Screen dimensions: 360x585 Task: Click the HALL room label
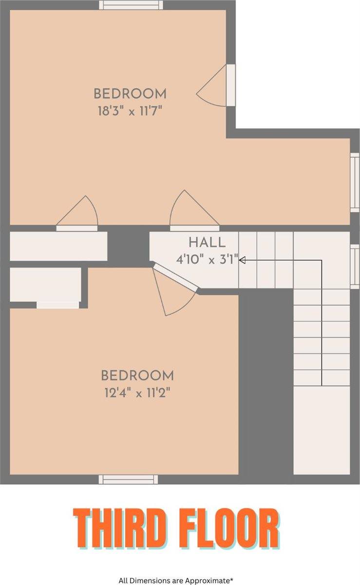coord(207,242)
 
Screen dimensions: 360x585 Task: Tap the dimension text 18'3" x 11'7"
coord(130,111)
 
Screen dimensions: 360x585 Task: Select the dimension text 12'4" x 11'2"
coord(137,392)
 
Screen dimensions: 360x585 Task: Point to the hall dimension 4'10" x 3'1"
coord(208,260)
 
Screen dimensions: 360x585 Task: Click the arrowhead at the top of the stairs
coord(242,260)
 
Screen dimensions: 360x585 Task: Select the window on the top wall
coord(131,5)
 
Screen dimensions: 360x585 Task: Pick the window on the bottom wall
coord(128,480)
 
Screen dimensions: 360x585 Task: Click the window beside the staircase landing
coord(355,266)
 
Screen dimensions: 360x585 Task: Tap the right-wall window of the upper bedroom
coord(355,182)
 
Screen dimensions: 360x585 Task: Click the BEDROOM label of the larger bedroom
coord(130,94)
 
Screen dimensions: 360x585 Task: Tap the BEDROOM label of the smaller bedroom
coord(137,375)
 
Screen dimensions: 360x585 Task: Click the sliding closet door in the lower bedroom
coord(57,305)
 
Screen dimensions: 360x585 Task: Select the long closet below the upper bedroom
coord(58,246)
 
